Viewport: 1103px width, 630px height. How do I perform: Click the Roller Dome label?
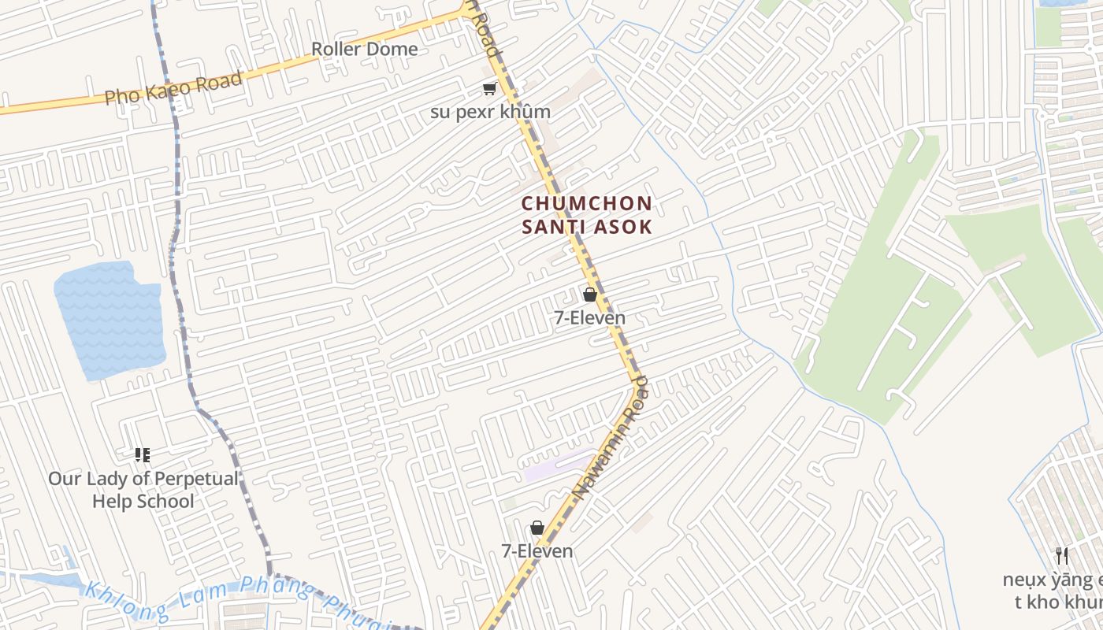click(x=364, y=49)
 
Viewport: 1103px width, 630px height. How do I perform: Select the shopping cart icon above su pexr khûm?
click(x=490, y=89)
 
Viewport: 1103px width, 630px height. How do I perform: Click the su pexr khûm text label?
click(x=490, y=112)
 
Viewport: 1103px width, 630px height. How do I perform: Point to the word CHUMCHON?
click(x=587, y=203)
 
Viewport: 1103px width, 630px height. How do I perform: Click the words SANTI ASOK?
click(x=587, y=227)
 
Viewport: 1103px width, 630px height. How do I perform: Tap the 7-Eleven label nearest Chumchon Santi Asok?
click(x=589, y=318)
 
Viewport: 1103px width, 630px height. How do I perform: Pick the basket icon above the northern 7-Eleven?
click(x=589, y=295)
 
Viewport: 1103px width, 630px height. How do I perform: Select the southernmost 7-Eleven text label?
click(x=537, y=551)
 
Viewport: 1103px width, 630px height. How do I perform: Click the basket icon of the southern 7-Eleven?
click(x=537, y=528)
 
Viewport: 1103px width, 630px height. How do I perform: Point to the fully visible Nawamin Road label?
click(x=611, y=437)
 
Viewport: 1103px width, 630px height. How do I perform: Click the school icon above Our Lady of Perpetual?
click(x=143, y=455)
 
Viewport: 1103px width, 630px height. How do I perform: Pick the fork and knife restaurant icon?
click(x=1062, y=556)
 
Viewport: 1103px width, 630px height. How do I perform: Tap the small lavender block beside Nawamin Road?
click(x=559, y=466)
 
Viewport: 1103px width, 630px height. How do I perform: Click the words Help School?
click(x=143, y=502)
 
